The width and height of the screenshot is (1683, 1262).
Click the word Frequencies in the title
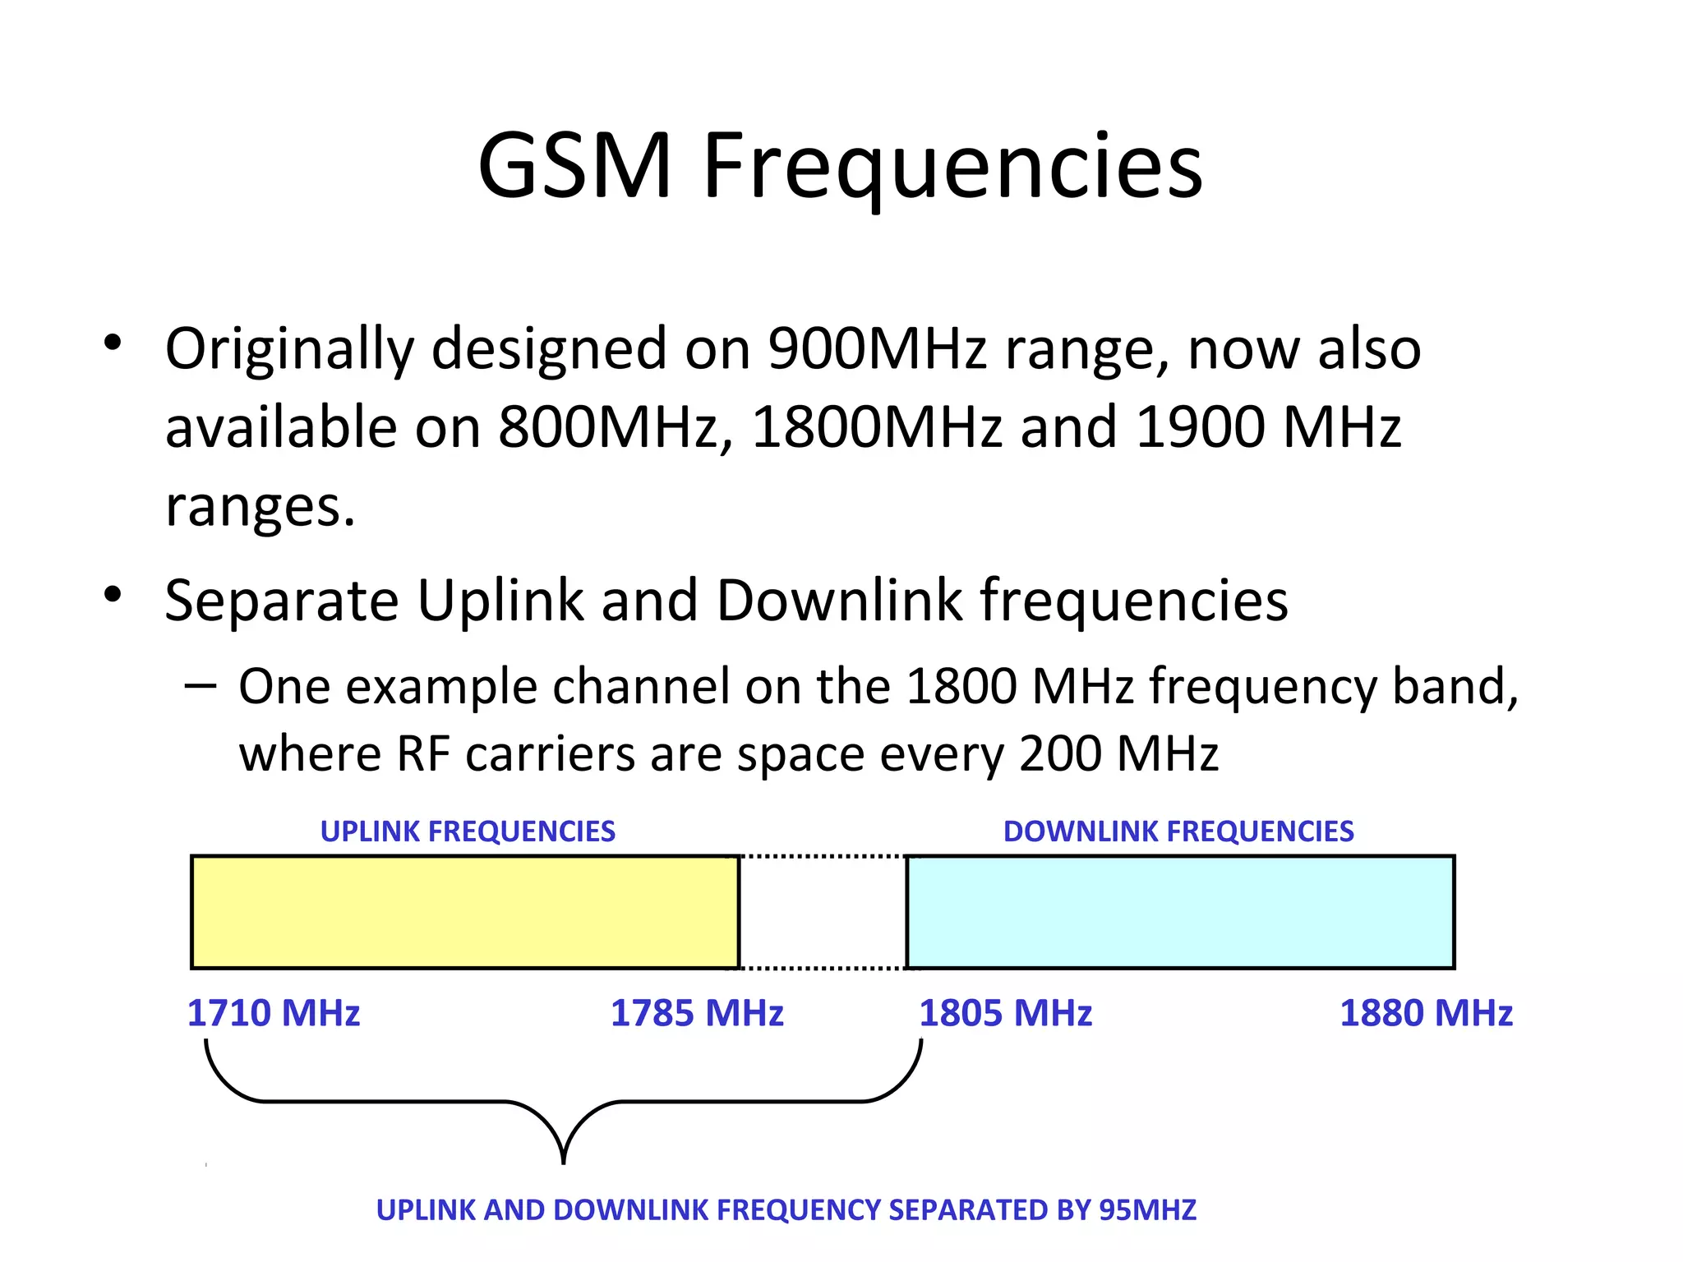tap(953, 168)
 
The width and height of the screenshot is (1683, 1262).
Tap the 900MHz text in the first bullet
tap(877, 348)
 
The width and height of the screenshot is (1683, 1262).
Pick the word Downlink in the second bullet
tap(839, 601)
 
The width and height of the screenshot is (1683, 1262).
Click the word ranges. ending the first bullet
tap(260, 507)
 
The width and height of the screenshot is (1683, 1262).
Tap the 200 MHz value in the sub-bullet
tap(1118, 753)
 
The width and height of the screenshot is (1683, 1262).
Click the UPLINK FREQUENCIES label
tap(468, 831)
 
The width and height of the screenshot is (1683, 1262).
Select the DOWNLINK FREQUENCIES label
tap(1178, 831)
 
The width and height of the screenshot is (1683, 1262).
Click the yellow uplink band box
tap(465, 912)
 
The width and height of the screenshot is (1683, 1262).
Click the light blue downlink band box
tap(1180, 912)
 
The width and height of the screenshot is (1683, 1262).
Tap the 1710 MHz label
tap(274, 1013)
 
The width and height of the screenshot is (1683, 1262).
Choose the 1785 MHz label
tap(697, 1013)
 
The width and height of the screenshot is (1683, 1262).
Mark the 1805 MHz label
tap(1005, 1013)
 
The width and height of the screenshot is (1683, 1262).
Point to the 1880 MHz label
tap(1426, 1013)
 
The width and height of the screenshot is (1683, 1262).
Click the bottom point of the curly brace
tap(563, 1160)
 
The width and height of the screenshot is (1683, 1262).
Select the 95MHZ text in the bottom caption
tap(1147, 1210)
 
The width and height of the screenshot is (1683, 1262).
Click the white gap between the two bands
tap(823, 912)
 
